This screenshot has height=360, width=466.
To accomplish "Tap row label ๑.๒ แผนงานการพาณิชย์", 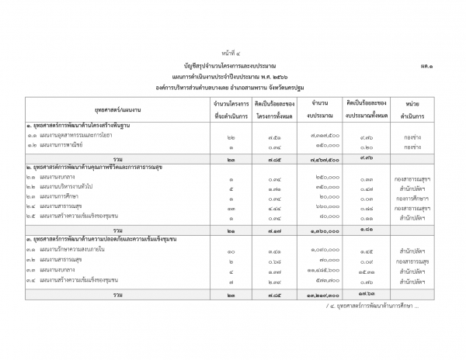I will (x=61, y=145).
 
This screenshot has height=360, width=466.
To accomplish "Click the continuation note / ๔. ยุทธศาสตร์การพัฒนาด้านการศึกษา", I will (x=373, y=305).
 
